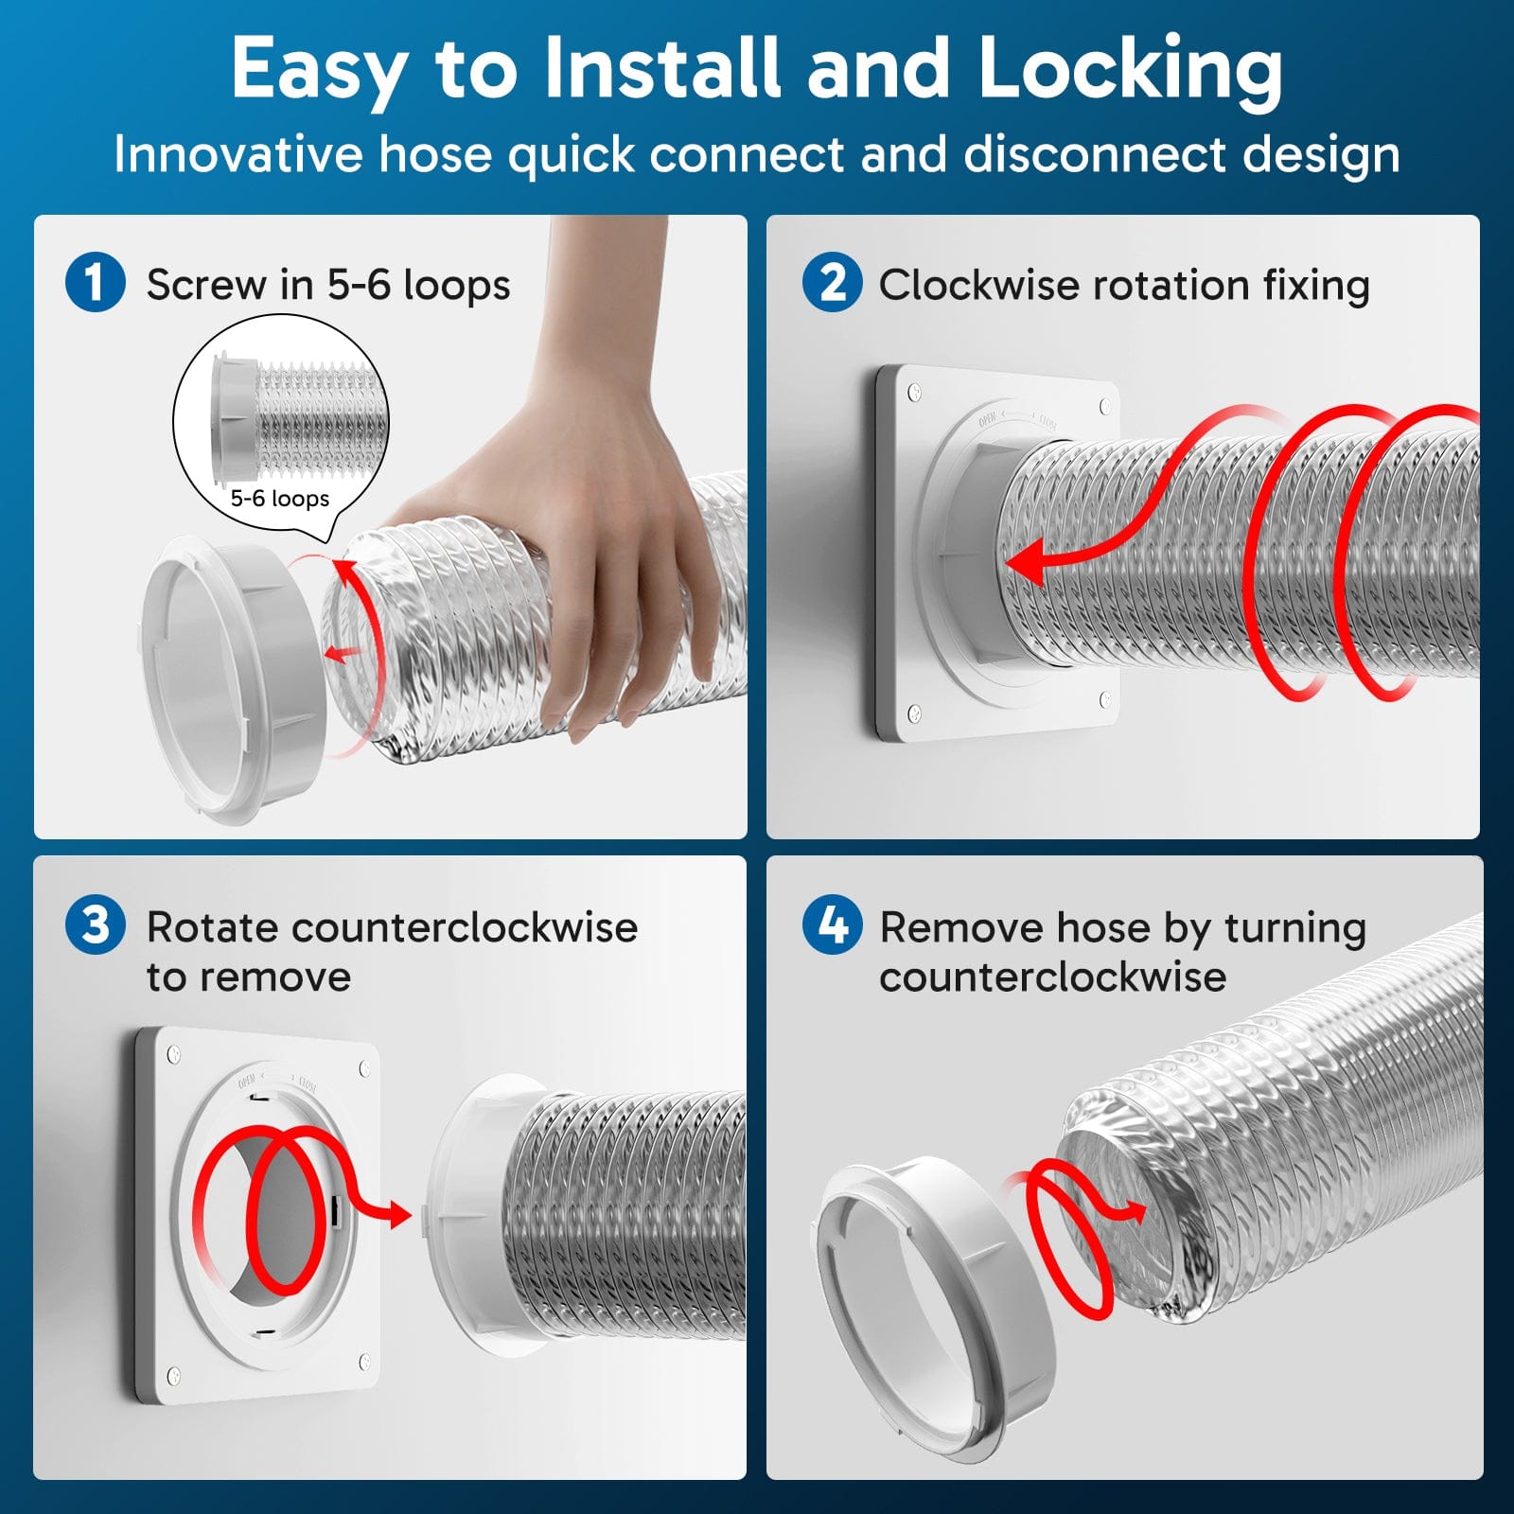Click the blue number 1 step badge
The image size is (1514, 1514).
click(95, 282)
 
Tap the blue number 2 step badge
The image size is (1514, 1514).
click(832, 282)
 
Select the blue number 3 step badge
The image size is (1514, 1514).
click(95, 924)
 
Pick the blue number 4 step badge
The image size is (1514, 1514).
click(832, 924)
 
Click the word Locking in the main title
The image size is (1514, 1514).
click(1130, 68)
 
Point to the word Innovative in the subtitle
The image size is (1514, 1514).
click(238, 154)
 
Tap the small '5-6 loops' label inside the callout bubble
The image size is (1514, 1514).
click(280, 499)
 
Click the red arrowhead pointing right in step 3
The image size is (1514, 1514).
click(398, 1214)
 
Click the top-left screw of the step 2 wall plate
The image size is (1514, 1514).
click(914, 391)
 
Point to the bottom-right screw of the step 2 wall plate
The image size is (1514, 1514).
click(1105, 698)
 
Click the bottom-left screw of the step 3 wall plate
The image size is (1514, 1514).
click(173, 1375)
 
